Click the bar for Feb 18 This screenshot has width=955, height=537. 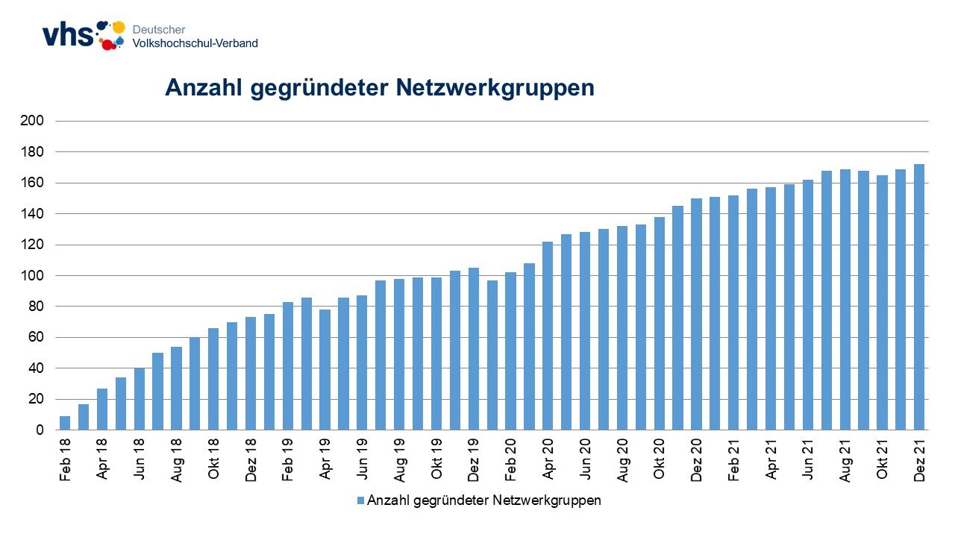65,423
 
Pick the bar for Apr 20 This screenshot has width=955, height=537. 548,336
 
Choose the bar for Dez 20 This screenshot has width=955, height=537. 696,314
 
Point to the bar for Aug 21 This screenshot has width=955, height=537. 845,299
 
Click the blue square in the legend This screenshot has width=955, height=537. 361,501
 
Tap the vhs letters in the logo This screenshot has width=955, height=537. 67,36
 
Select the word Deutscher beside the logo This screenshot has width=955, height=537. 159,30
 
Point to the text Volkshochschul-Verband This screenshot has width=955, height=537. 195,43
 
